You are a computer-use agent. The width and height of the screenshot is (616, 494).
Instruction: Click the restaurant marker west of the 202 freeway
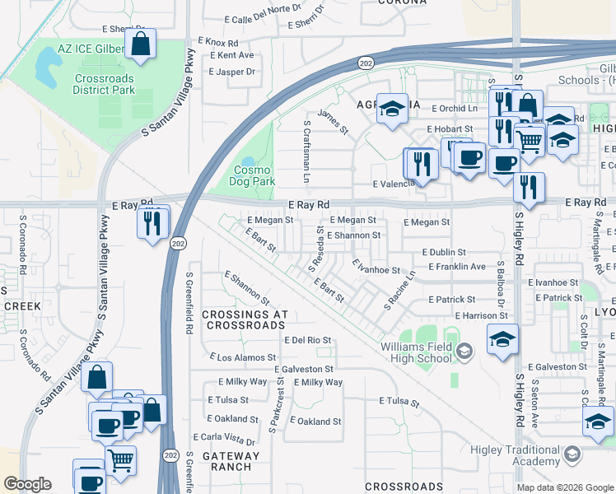pos(152,223)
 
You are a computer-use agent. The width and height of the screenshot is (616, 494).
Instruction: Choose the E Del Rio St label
pos(307,340)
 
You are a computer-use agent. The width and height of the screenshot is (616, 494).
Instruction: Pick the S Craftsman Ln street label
pos(307,152)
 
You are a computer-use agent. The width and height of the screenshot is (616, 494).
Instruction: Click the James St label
pos(333,120)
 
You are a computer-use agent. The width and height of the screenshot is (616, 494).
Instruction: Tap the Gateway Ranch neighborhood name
pos(225,461)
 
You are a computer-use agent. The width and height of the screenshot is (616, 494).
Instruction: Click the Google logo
pos(28,484)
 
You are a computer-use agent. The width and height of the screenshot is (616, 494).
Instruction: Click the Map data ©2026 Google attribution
pos(564,487)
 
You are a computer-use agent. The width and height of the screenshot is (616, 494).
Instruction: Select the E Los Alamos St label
pos(243,357)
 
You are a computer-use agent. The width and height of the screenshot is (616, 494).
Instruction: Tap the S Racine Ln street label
pos(400,291)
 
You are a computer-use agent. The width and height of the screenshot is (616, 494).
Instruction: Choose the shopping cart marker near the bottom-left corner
pos(121,459)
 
